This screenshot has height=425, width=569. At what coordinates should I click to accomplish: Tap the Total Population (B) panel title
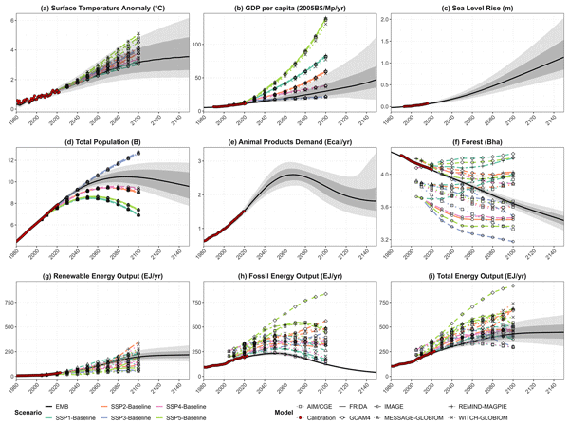[101, 144]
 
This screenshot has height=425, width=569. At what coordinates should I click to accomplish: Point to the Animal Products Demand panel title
[290, 144]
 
